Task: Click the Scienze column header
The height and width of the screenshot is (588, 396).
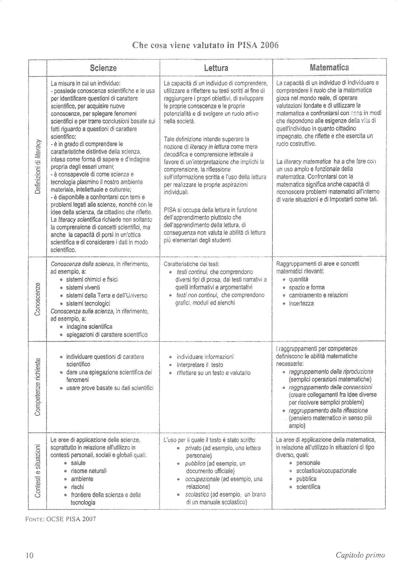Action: click(103, 68)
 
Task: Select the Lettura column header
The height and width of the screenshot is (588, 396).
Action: click(216, 68)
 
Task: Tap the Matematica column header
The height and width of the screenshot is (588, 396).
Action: click(329, 68)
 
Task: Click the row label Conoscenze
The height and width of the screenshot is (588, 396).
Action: click(37, 299)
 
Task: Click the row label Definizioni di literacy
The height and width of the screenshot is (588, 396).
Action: click(37, 166)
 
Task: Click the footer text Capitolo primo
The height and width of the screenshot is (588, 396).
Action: click(360, 555)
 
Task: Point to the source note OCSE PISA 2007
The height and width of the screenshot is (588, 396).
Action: click(61, 519)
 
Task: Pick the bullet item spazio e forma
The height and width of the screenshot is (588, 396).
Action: click(307, 287)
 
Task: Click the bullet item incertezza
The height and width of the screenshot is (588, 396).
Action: click(301, 303)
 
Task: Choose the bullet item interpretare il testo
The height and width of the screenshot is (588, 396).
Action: click(200, 365)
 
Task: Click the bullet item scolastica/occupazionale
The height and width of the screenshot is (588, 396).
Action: click(326, 470)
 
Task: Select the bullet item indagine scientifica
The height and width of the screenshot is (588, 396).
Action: click(89, 327)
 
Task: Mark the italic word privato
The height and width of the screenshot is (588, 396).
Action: click(193, 448)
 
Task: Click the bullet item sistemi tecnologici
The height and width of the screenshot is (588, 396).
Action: click(88, 303)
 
